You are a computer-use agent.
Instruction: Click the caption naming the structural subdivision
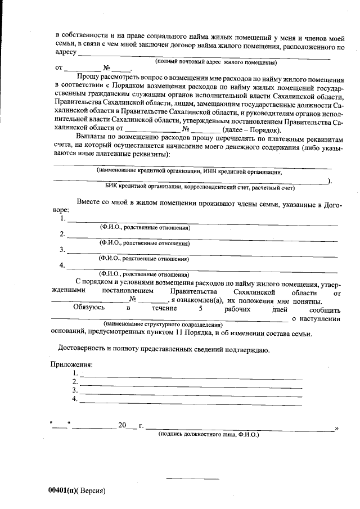pos(163,325)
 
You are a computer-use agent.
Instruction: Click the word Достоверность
pos(85,350)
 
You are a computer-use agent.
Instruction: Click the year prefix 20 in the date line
pos(123,425)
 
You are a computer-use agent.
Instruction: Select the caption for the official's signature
pos(209,434)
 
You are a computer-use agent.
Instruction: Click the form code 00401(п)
pos(62,490)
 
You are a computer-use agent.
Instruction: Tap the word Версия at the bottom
pos(92,490)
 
